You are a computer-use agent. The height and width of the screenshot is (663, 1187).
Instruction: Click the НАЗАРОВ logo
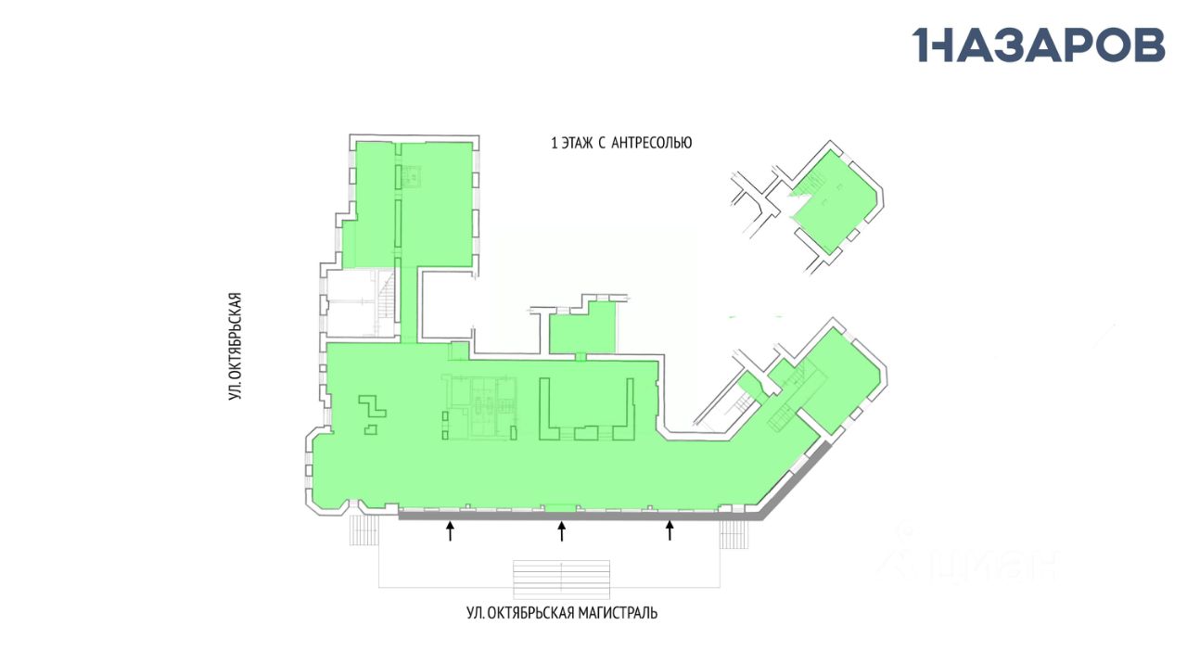[1039, 45]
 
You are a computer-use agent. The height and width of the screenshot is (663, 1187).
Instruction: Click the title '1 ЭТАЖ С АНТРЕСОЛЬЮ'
[621, 143]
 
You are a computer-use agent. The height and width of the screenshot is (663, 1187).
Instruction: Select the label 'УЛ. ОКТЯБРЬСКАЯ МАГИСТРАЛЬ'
[562, 613]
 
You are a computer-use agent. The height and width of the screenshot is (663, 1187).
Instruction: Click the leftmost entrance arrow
[451, 530]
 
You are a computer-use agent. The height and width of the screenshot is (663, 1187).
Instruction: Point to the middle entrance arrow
[561, 530]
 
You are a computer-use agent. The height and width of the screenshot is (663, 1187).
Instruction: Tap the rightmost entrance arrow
[670, 530]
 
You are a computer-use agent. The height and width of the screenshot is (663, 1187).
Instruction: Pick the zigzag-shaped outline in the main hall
[372, 407]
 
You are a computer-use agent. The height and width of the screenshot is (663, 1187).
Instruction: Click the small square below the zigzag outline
[371, 429]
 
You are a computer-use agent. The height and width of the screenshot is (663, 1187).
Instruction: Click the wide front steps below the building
[562, 577]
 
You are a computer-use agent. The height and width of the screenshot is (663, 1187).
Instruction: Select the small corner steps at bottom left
[364, 530]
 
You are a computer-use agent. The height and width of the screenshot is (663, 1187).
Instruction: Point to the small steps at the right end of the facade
[734, 534]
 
